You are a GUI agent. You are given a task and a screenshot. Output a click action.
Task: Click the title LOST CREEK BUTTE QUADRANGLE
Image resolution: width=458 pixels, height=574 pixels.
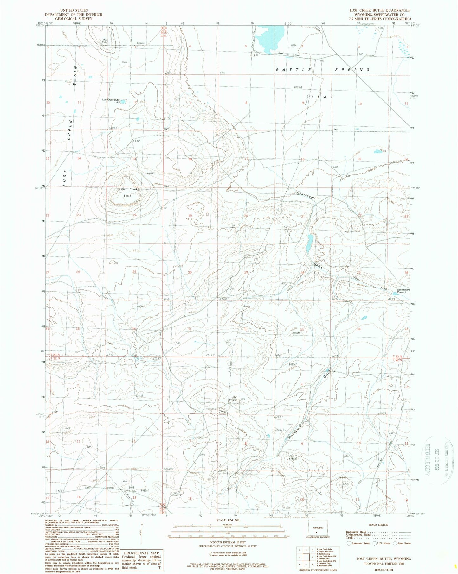(x=379, y=10)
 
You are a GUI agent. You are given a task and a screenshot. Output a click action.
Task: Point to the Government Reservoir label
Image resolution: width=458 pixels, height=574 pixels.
(x=403, y=291)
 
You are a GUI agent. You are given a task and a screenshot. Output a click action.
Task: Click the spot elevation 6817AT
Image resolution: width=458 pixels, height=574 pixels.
(x=151, y=173)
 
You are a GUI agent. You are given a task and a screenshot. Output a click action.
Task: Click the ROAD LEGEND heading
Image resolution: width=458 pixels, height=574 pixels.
(x=379, y=525)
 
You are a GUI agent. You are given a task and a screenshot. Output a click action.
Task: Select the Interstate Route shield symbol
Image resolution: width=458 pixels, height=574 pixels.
(x=349, y=543)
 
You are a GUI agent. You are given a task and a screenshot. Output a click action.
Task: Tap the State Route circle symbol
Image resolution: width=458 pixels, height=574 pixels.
(x=396, y=543)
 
